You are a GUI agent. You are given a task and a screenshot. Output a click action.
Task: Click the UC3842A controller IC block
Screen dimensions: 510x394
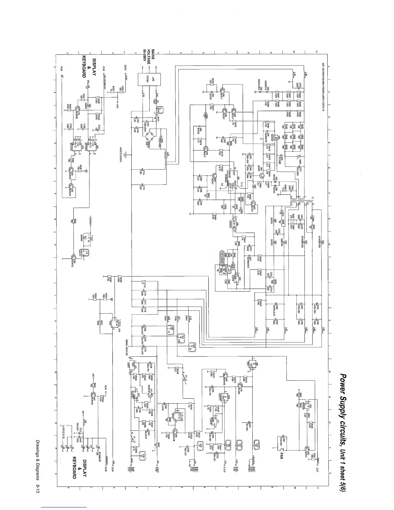tap(232, 182)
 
